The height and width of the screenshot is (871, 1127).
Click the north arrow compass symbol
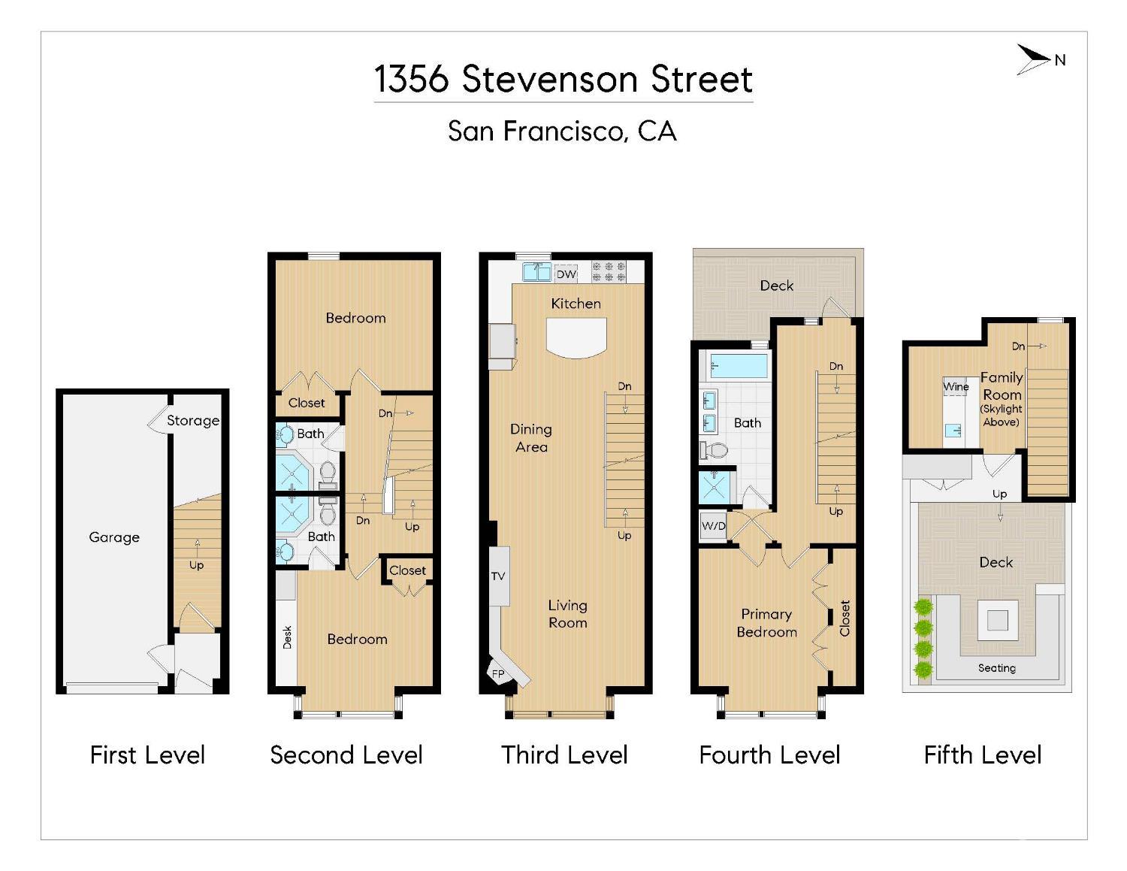pos(1035,60)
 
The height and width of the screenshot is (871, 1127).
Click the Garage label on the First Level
pos(114,537)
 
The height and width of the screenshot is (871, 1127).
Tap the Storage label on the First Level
pos(193,421)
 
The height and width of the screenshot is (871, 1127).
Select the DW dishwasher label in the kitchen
pos(567,274)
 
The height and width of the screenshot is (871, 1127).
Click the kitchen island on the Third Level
pos(576,337)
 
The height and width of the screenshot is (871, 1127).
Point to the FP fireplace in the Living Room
pos(499,673)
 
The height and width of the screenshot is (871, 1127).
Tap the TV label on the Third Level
pos(498,576)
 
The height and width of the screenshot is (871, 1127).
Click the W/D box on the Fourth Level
pos(714,526)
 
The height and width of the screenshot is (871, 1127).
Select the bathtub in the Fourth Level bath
pos(737,367)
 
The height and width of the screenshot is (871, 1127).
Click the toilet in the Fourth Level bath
pos(715,450)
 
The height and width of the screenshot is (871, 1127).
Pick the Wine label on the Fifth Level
pos(956,387)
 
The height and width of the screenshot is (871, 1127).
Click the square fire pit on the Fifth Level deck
pos(997,620)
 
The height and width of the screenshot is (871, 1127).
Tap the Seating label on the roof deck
pos(997,668)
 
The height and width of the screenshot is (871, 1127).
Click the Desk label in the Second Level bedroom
pos(287,637)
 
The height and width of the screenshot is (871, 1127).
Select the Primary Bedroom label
pos(766,623)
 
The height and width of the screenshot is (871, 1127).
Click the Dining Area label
pos(531,438)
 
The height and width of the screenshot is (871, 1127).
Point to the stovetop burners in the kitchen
pos(609,271)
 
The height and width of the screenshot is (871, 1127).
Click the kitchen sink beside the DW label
pos(536,271)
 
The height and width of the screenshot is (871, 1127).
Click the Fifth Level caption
pos(983,755)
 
